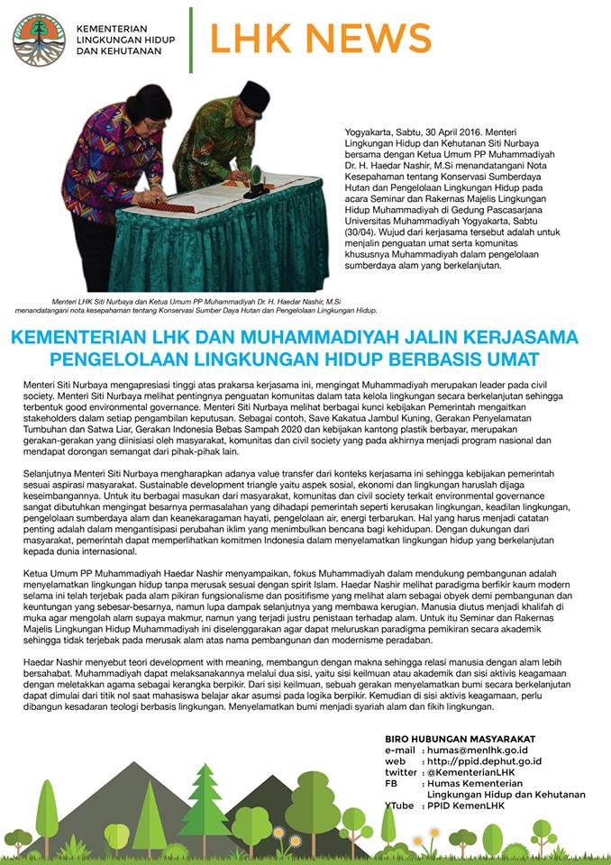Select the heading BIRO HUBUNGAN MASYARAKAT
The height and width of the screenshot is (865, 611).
tap(460, 739)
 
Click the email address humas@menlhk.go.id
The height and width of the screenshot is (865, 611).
tap(478, 750)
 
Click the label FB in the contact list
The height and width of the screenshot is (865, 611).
tap(391, 784)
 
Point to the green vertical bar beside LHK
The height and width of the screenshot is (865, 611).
tap(191, 39)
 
